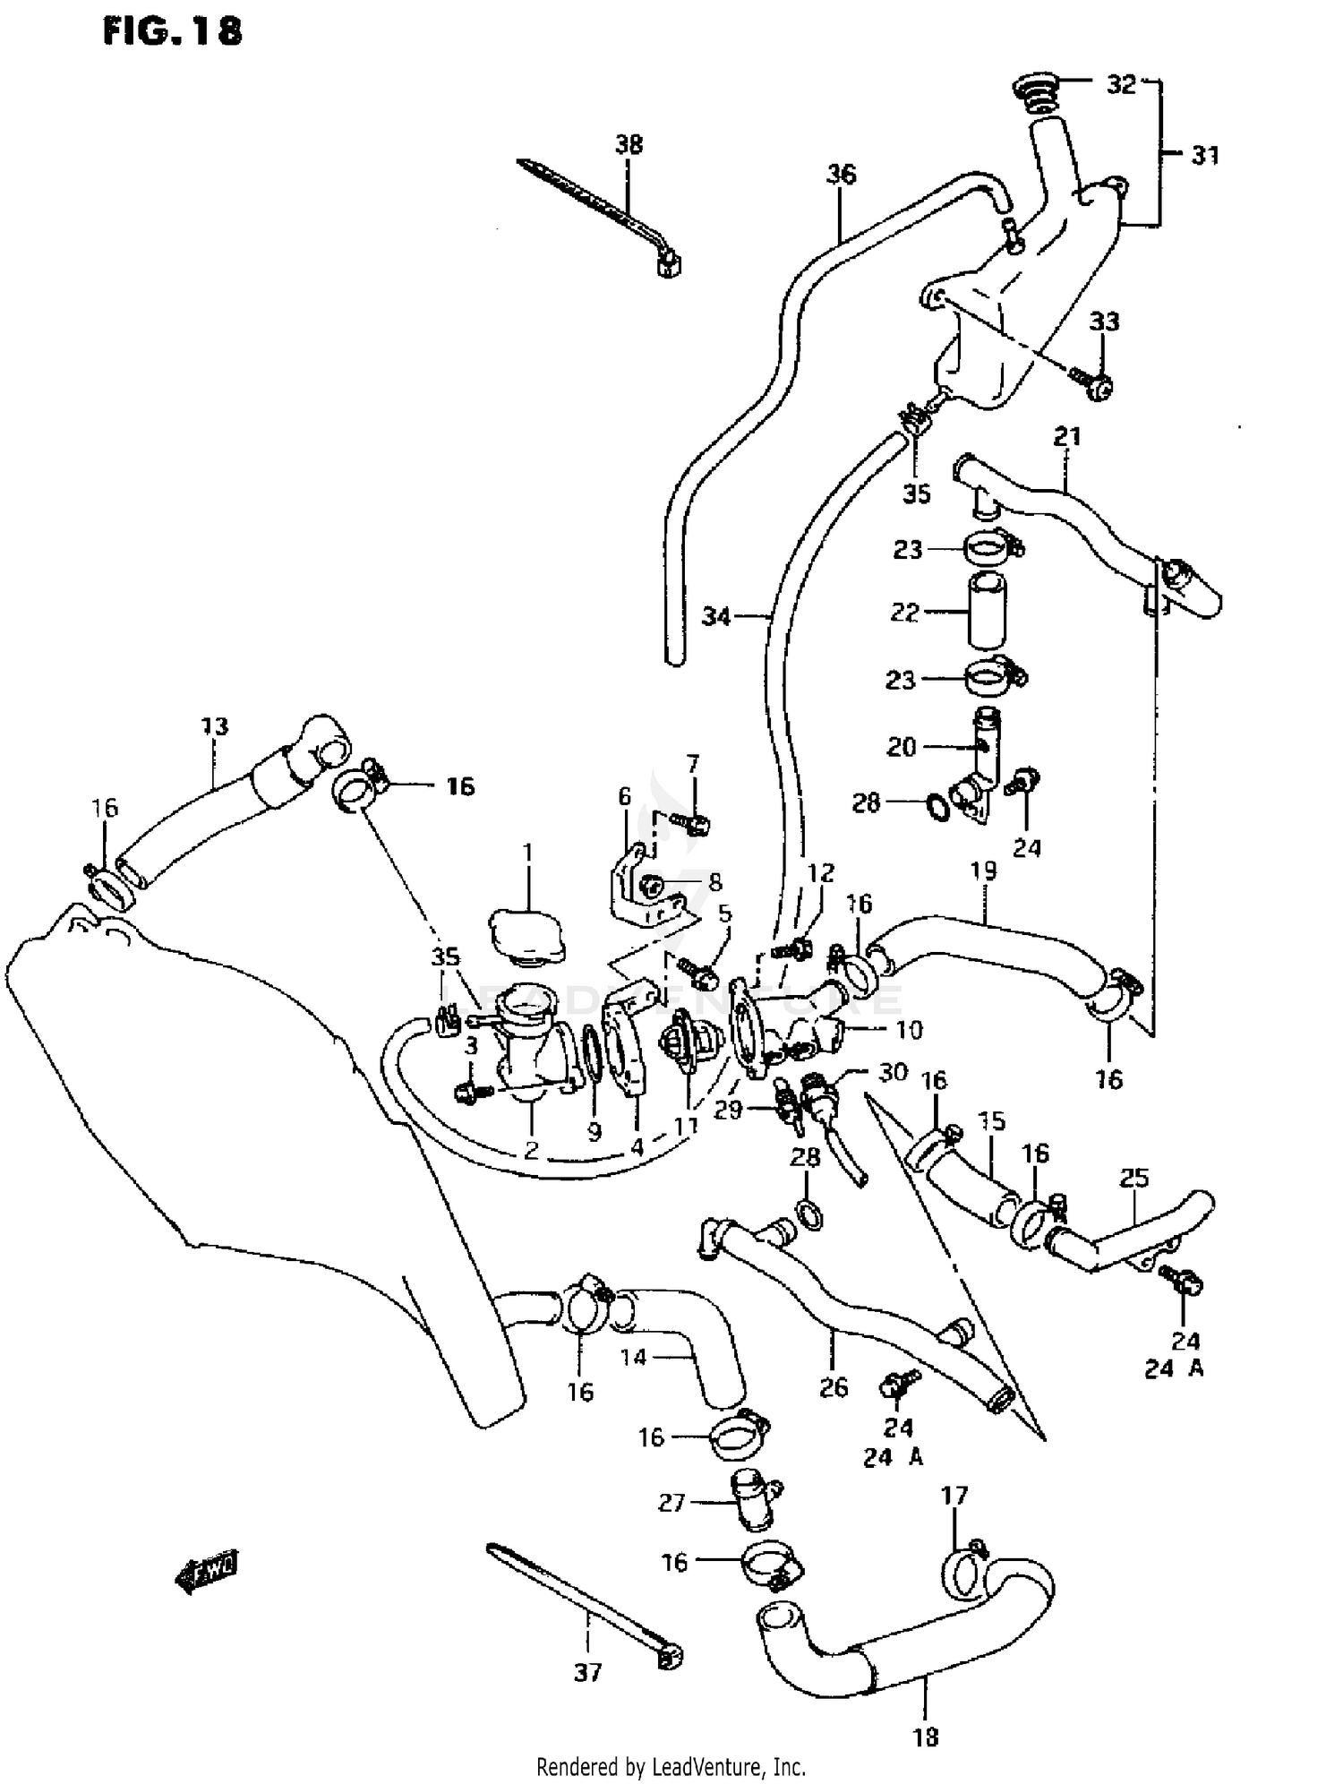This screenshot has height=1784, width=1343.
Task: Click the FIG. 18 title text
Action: [172, 32]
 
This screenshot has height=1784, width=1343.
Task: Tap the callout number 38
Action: [629, 144]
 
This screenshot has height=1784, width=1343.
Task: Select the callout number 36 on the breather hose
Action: [841, 174]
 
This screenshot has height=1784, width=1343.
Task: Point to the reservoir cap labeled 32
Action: [1037, 92]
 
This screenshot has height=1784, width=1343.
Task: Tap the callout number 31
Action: [1205, 155]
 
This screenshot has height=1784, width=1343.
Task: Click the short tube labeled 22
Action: [986, 613]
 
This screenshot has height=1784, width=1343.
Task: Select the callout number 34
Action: [716, 616]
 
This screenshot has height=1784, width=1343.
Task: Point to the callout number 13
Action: [215, 725]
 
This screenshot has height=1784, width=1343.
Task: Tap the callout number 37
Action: [587, 1672]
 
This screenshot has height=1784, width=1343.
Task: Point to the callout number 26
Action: [834, 1387]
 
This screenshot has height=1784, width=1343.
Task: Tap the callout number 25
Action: [1133, 1178]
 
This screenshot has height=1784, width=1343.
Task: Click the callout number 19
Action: [983, 871]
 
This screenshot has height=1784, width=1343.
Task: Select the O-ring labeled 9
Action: [593, 1049]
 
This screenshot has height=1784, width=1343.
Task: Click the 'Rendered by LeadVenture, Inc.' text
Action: [671, 1767]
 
